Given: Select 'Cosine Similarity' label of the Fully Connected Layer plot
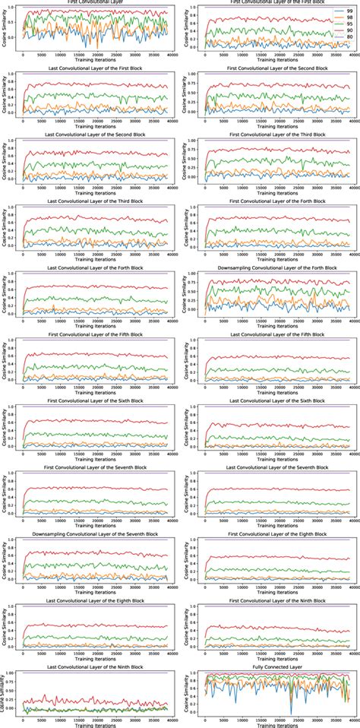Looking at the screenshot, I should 188,693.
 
